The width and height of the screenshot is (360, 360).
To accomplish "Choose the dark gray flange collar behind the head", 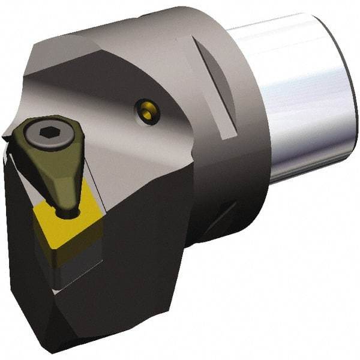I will [240, 138].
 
